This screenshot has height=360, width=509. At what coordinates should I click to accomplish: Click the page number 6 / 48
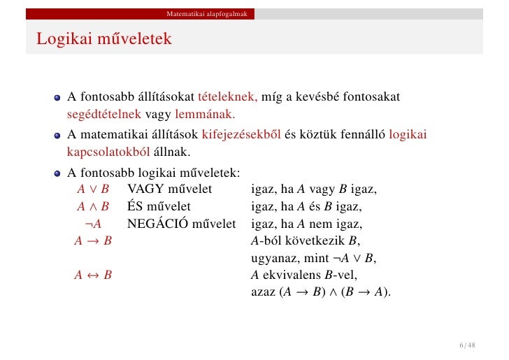coord(467,345)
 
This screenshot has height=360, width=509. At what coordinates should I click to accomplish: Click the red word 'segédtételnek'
coord(104,114)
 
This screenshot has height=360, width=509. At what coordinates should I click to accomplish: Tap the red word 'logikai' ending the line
coord(408,134)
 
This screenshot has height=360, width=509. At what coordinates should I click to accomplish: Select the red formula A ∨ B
coord(93,189)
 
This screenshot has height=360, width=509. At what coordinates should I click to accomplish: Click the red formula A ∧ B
coord(93,207)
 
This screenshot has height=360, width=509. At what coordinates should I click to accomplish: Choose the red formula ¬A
coord(93,224)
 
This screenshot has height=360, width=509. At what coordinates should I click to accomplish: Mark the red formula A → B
coord(93,242)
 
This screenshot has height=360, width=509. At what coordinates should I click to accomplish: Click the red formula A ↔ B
coord(93,275)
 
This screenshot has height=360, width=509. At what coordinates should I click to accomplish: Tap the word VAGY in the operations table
coord(144,189)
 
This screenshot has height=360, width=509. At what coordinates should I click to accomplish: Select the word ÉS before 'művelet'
coord(136,207)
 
